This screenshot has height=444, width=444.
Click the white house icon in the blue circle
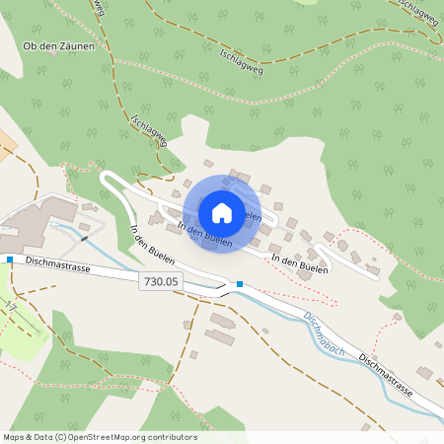click(221, 213)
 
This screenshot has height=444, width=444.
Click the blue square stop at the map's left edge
click(10, 259)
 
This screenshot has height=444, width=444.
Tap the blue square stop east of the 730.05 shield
click(239, 285)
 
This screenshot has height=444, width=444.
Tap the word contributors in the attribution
click(166, 437)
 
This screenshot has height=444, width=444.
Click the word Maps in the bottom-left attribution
click(14, 437)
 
